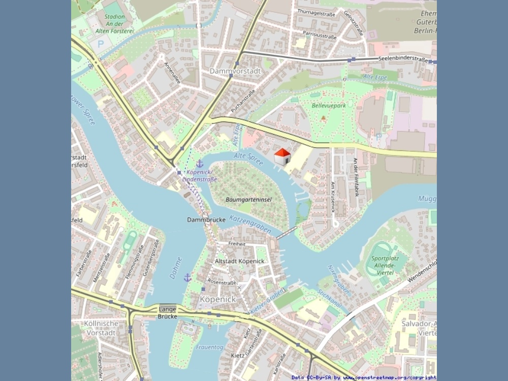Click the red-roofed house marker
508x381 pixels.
click(x=282, y=156)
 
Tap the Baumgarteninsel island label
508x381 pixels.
click(x=249, y=200)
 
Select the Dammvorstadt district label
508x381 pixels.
click(x=235, y=71)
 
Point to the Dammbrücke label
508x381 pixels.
click(x=206, y=220)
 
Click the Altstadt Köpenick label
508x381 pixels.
click(x=240, y=261)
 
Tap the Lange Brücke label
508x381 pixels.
click(x=167, y=312)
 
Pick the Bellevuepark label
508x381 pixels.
click(x=329, y=106)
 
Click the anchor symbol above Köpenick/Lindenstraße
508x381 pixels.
click(x=200, y=164)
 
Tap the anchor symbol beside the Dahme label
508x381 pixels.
click(x=187, y=277)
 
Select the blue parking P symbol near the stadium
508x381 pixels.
click(x=100, y=44)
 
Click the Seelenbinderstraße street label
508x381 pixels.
click(x=403, y=59)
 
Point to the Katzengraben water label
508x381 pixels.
click(x=250, y=224)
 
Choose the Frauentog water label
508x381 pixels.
click(x=209, y=347)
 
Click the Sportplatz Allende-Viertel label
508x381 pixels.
click(x=388, y=266)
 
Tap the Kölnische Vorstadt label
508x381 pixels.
click(x=101, y=328)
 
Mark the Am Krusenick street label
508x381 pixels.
click(x=333, y=197)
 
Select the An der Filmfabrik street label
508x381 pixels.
click(x=356, y=177)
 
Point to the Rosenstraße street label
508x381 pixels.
click(x=222, y=282)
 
